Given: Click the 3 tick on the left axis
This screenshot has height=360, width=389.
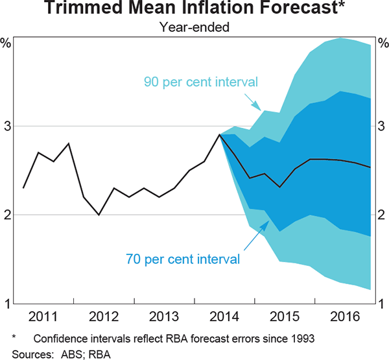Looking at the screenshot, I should pyautogui.click(x=7, y=126).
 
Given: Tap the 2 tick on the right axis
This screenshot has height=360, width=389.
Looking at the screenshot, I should pyautogui.click(x=383, y=215).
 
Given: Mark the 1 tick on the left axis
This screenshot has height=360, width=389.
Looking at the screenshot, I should pyautogui.click(x=7, y=304).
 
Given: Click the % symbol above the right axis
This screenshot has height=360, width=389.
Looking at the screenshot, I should pyautogui.click(x=383, y=43).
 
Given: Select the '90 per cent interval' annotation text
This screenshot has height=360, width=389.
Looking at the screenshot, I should pyautogui.click(x=201, y=82).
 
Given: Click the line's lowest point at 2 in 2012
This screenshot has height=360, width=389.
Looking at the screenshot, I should pyautogui.click(x=99, y=215).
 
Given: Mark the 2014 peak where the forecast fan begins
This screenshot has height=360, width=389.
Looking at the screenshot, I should pyautogui.click(x=220, y=135).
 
